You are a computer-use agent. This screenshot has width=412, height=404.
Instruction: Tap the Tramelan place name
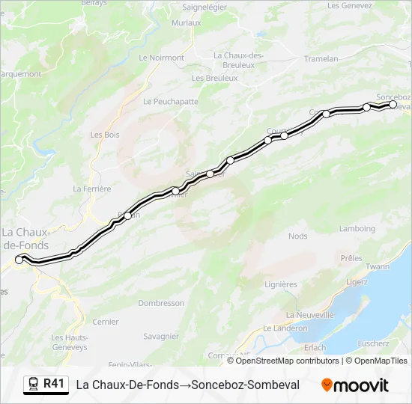(x=323, y=58)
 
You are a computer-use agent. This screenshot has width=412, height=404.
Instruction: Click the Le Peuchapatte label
(x=170, y=101)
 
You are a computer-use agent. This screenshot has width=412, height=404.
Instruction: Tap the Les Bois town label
(x=105, y=135)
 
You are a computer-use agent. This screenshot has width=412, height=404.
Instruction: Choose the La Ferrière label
(x=92, y=189)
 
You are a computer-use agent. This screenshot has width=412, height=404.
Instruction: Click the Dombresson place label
(x=161, y=303)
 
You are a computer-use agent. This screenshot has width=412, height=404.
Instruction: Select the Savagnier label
(x=160, y=337)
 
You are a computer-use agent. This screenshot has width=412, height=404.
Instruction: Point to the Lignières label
(x=281, y=284)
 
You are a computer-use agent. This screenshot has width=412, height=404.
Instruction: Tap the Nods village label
(x=297, y=236)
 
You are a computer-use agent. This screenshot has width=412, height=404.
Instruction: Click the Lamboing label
(x=357, y=228)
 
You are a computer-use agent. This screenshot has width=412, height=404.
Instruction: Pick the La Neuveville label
(x=310, y=315)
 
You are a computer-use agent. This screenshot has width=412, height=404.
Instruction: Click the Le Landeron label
(x=285, y=328)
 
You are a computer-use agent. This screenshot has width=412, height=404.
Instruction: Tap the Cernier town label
(x=105, y=322)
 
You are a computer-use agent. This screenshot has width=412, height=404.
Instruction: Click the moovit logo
(x=355, y=385)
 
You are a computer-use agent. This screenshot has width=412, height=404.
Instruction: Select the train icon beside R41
(x=32, y=385)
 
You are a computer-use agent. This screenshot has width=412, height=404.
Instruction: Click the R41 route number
(x=54, y=384)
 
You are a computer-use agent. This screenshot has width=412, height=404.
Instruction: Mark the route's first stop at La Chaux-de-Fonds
(x=19, y=260)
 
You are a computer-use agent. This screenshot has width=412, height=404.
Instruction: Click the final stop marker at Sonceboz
(x=393, y=105)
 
